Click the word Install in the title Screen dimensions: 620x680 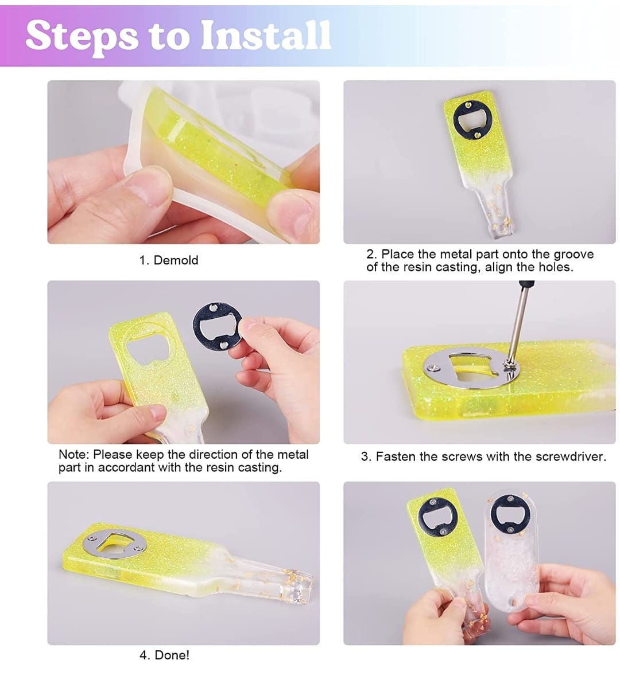(266, 35)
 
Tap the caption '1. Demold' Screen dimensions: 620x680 (168, 260)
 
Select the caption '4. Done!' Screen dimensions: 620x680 (164, 655)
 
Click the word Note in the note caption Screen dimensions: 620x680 (73, 455)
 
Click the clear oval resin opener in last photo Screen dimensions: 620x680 (510, 551)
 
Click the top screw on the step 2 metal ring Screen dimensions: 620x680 (468, 105)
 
